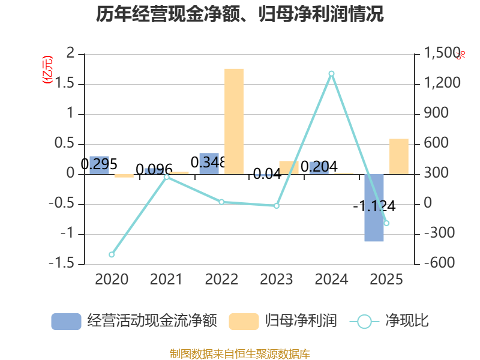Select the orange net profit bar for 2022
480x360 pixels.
[x=234, y=121]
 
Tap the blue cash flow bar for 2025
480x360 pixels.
[x=374, y=208]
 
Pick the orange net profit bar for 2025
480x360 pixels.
[x=398, y=156]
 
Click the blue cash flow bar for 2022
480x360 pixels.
[x=209, y=164]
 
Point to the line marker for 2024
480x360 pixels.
[x=331, y=74]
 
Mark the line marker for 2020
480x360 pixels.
[x=112, y=254]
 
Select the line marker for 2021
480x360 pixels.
[x=166, y=176]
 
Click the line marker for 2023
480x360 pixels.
[x=277, y=206]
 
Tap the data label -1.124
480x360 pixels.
[x=374, y=206]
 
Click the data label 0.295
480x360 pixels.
[x=99, y=164]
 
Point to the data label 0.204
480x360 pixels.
[x=319, y=166]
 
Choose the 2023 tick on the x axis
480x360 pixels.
[x=276, y=279]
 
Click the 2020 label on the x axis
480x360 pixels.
[x=112, y=279]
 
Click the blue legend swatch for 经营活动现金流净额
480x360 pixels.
[x=66, y=322]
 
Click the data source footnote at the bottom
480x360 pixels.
[x=240, y=354]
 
